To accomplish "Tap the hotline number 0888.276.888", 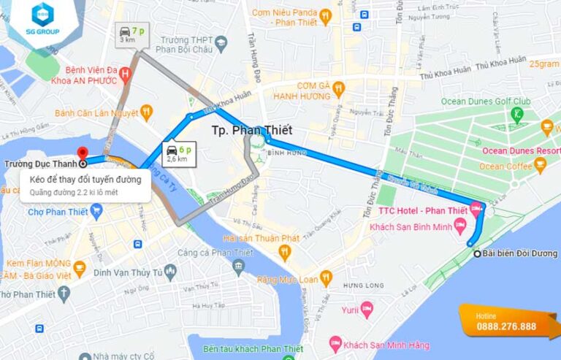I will pos(506,326).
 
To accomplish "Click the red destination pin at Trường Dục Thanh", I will pos(82,154).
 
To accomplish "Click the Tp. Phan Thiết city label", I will pos(251,131).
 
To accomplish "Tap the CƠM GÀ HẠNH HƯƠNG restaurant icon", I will pos(338,90).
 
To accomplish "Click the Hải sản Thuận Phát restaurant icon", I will pos(284,252).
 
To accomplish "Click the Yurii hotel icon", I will pos(367,310).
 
